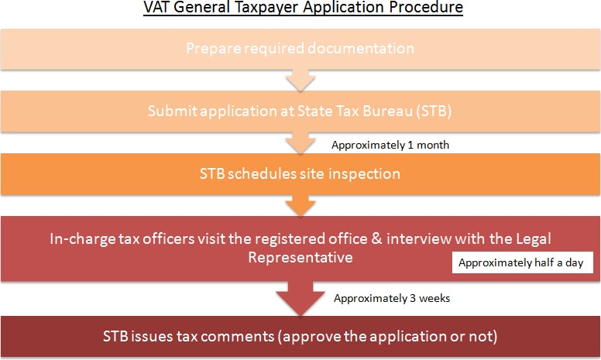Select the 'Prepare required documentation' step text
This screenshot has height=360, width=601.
tap(300, 49)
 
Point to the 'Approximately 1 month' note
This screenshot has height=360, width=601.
tap(390, 145)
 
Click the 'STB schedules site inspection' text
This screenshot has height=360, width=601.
tap(300, 174)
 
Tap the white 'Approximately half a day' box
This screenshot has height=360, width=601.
tap(523, 262)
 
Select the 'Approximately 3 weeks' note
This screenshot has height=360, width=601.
tap(392, 298)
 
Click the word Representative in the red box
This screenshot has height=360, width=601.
tap(300, 257)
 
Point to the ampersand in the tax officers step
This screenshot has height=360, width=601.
tap(376, 238)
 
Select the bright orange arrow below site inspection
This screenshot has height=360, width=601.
tap(300, 206)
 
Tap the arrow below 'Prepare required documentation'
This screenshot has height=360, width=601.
tap(300, 81)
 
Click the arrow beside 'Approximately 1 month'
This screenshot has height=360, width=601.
tap(300, 143)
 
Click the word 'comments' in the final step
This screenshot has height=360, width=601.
tap(237, 336)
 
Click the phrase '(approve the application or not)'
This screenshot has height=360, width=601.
tap(387, 337)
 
